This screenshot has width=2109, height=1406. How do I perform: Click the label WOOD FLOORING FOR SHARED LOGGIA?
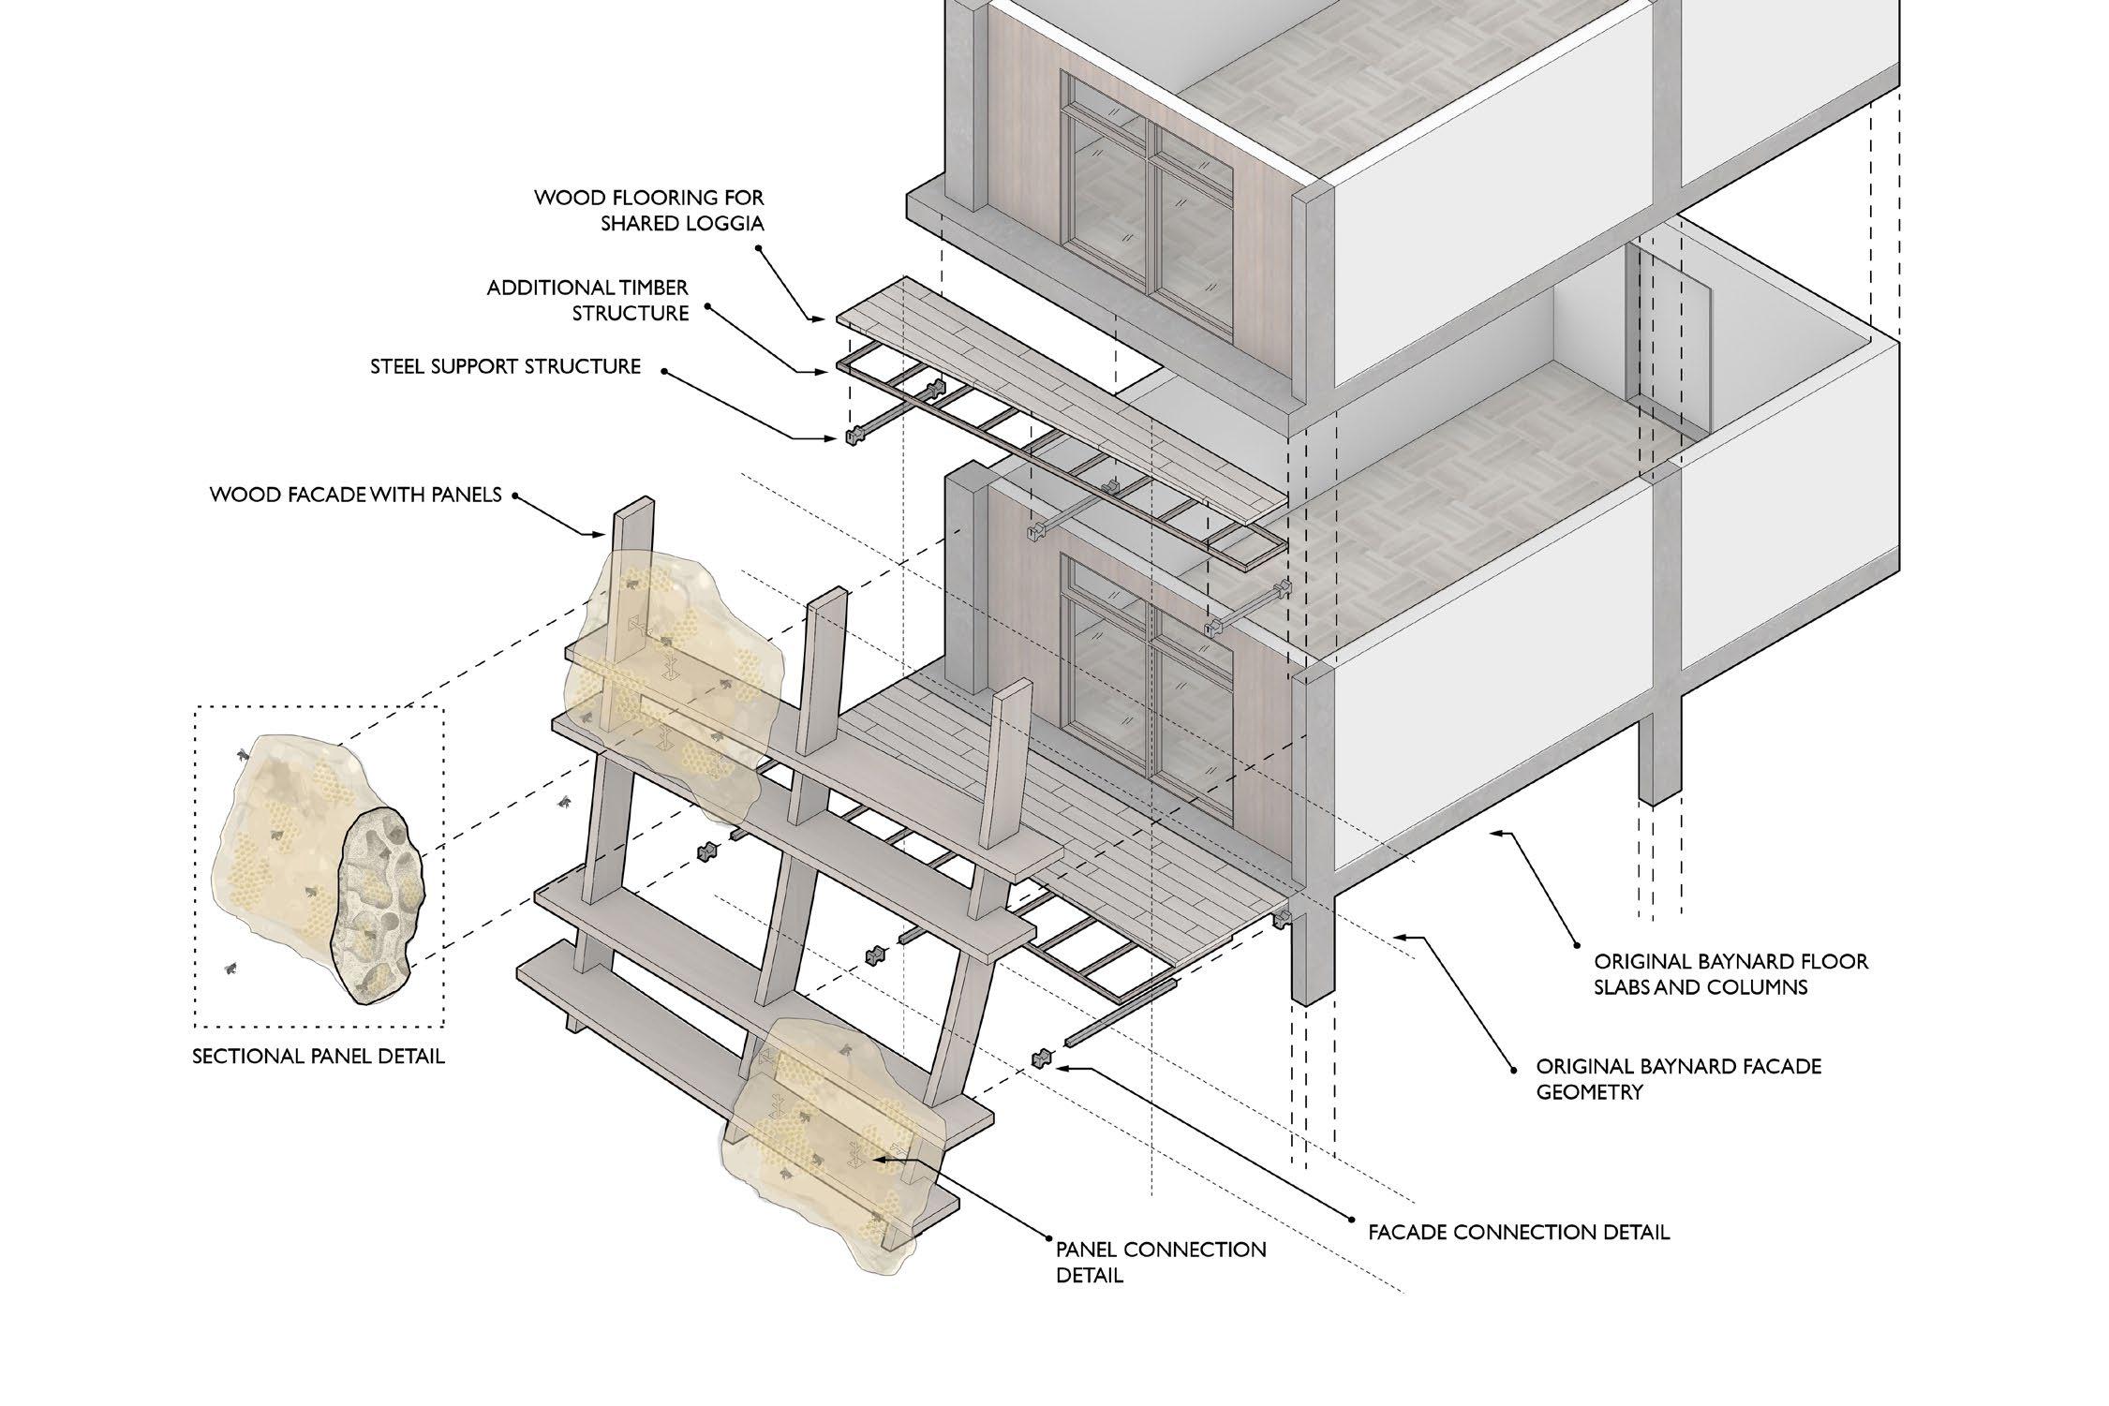pos(648,211)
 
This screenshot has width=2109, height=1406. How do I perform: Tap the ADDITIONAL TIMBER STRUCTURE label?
pos(587,300)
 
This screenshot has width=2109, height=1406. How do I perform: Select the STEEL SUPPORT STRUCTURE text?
pos(505,366)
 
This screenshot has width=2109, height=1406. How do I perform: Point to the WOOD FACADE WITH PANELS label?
pos(356,494)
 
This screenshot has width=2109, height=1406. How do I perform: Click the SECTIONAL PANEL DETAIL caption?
pos(319,1056)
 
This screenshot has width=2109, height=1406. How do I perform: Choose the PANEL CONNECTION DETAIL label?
pos(1160,1262)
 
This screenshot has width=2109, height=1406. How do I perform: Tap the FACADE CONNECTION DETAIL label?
pos(1518,1232)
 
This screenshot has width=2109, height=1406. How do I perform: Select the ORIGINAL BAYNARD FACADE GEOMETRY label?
pos(1678,1078)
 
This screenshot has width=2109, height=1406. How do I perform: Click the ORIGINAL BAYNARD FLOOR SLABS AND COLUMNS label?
pos(1730,974)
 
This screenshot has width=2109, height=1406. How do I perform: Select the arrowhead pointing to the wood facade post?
pos(603,535)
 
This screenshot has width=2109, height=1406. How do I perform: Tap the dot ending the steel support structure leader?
pos(664,371)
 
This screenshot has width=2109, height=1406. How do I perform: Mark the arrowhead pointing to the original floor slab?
pos(1497,832)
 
